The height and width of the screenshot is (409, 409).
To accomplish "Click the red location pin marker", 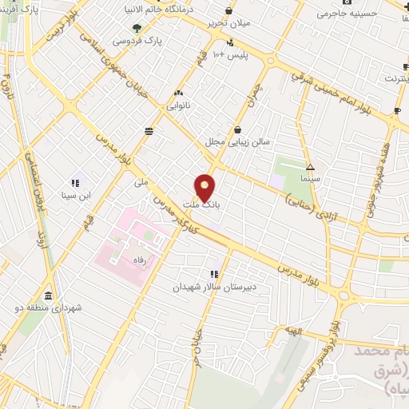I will [x=205, y=187].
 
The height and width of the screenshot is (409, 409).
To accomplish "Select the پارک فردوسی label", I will [x=132, y=40].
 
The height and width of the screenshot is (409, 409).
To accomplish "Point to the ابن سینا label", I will [x=77, y=194].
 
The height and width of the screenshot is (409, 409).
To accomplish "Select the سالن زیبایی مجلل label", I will [x=236, y=141].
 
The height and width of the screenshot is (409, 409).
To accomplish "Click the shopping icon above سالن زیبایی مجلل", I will [x=237, y=129].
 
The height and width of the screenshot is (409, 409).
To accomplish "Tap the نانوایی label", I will [x=178, y=104].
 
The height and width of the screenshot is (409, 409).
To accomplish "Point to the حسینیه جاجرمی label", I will [x=343, y=14].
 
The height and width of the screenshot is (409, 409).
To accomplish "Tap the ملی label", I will [x=142, y=183].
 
